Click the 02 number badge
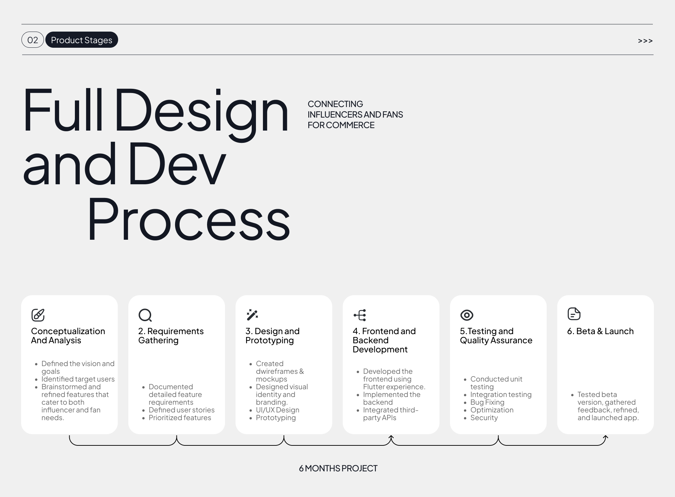(x=33, y=40)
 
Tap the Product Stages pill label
(x=82, y=40)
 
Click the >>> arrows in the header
(x=645, y=41)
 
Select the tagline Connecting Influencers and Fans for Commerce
(x=355, y=114)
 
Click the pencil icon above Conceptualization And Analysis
(x=38, y=315)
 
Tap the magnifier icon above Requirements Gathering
(x=145, y=315)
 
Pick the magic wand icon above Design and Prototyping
(x=252, y=315)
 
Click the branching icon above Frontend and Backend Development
(x=360, y=315)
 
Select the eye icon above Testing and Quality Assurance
(x=467, y=315)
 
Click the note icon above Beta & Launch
(x=574, y=314)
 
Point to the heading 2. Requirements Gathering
(x=171, y=336)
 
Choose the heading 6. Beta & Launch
(x=600, y=331)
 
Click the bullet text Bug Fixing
(x=487, y=402)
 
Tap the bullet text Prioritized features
(x=180, y=418)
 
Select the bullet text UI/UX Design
(x=278, y=410)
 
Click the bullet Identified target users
(x=78, y=379)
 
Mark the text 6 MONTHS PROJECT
(x=338, y=468)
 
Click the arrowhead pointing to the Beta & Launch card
(x=605, y=438)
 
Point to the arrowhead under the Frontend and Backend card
(x=391, y=437)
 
